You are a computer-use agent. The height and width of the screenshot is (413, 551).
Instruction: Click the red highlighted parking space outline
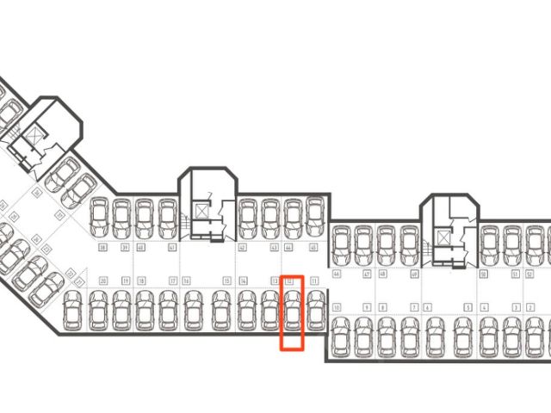[x=293, y=312]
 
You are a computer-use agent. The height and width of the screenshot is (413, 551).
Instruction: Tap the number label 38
[x=102, y=249]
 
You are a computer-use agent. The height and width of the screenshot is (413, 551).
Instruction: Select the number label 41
[x=172, y=249]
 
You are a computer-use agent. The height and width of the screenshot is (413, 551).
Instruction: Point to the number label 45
[x=313, y=249]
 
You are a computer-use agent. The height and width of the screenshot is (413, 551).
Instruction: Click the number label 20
[x=102, y=281]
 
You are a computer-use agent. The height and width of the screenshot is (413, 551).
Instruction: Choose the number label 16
[x=186, y=281]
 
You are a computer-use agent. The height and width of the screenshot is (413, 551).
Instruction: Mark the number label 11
[x=314, y=281]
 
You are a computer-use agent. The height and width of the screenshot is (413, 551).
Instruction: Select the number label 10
[x=337, y=307]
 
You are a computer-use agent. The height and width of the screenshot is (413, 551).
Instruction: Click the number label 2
[x=516, y=307]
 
